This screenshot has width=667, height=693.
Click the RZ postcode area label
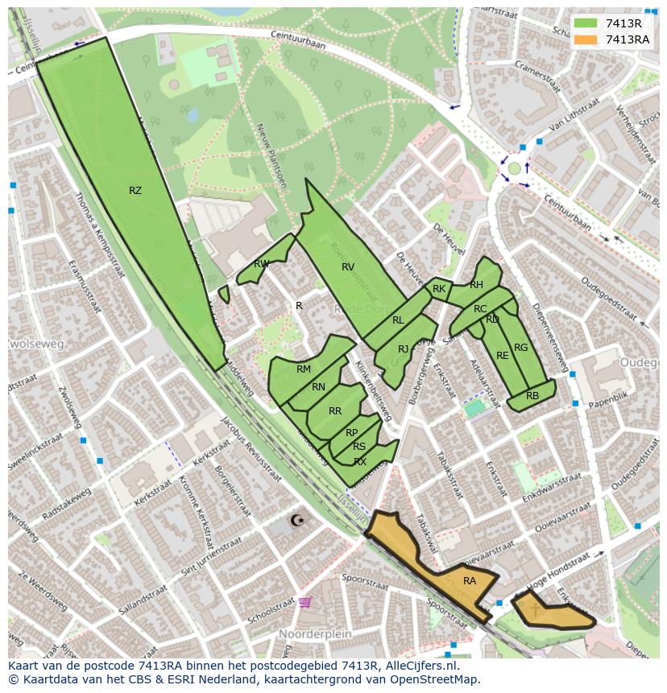point(135,191)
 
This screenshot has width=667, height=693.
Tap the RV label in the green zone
point(348,267)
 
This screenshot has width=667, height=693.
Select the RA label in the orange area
point(470,580)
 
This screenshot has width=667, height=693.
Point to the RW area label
point(262,264)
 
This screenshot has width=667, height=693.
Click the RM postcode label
point(304,369)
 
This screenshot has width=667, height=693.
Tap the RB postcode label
point(532,396)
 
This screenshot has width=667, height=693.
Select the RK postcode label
point(439,289)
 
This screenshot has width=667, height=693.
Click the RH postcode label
point(476,285)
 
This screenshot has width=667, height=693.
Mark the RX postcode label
point(360,462)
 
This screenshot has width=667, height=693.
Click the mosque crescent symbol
point(298,521)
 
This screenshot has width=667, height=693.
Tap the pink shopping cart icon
point(304,601)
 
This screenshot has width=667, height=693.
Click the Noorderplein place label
point(316,634)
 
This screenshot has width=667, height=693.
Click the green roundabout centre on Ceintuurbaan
point(514,168)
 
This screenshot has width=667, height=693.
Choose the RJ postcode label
point(403,349)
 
